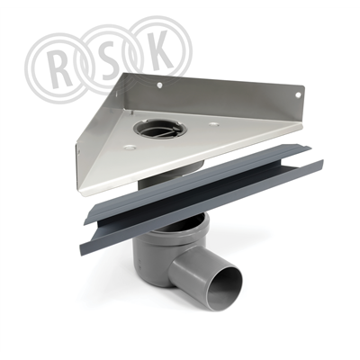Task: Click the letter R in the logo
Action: click(x=60, y=68)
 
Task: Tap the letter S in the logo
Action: click(x=112, y=63)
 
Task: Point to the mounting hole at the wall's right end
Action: click(x=298, y=94)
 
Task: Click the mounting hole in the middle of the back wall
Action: click(x=159, y=85)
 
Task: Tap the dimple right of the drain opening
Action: click(x=213, y=123)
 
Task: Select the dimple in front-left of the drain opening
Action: click(x=130, y=148)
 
